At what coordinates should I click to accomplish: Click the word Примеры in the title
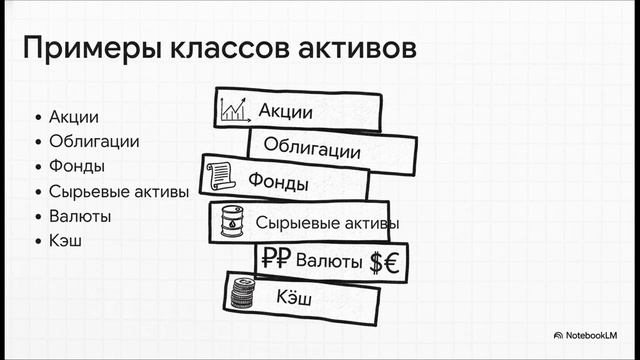pyautogui.click(x=82, y=49)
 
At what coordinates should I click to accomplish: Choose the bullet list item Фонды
pyautogui.click(x=77, y=166)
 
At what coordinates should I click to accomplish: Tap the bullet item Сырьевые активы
pyautogui.click(x=119, y=191)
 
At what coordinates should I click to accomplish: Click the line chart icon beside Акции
pyautogui.click(x=235, y=108)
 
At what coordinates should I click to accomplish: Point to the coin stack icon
pyautogui.click(x=241, y=294)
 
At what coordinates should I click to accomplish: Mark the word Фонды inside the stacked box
pyautogui.click(x=278, y=184)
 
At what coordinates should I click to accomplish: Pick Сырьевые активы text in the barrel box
pyautogui.click(x=327, y=222)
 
